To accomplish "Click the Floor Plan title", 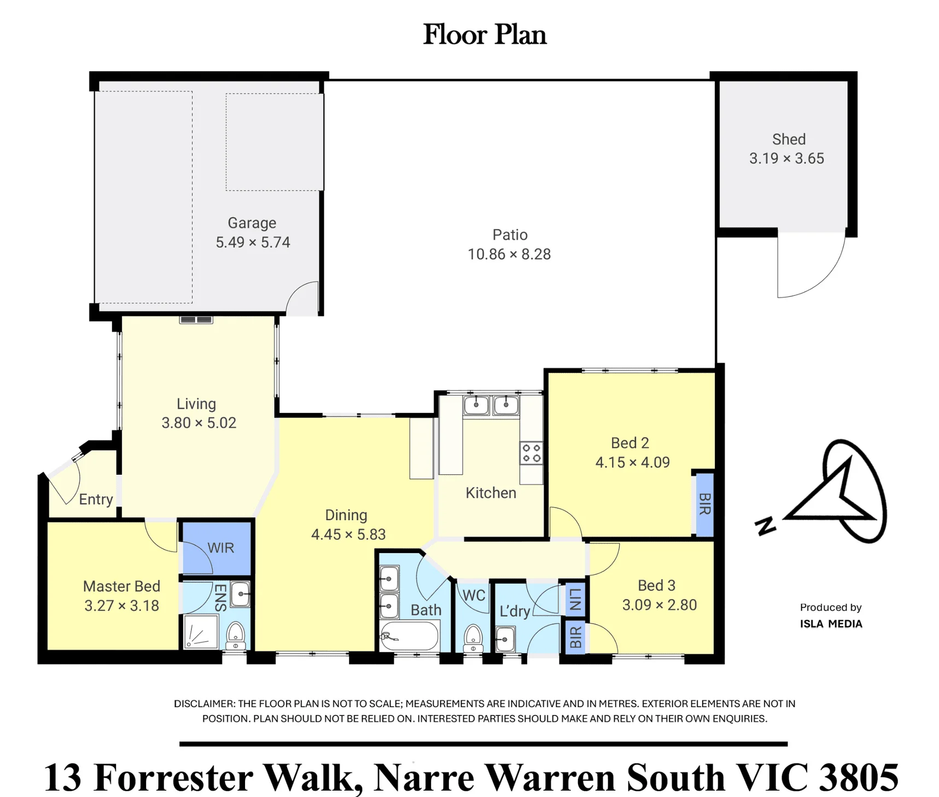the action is pos(485,34).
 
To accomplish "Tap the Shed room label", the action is pos(789,139).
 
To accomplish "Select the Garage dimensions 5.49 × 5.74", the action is pos(253,242).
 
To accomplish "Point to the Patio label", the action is pos(510,235).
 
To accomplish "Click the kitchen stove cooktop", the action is pos(531,453).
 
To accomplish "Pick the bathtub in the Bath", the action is pos(410,636).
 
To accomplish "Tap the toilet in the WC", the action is pos(473,638).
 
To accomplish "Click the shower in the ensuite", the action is pos(201,631).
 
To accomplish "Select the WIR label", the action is pos(221,548).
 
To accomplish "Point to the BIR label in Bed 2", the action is pos(705,504).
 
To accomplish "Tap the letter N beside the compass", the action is pos(766,526).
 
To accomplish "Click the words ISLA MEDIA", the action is pos(831,624).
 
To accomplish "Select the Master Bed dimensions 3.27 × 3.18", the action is pos(121,606).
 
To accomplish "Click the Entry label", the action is pos(96,499).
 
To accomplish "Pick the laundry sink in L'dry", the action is pos(505,639).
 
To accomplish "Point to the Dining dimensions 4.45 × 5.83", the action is pos(348,534).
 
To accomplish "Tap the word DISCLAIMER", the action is pos(205,703).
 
